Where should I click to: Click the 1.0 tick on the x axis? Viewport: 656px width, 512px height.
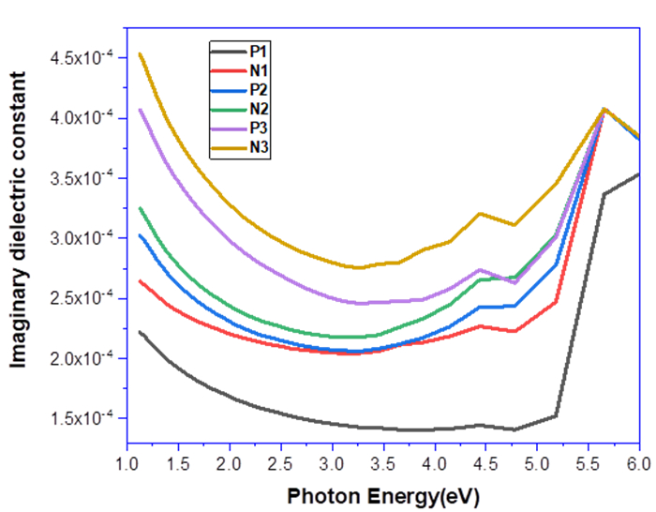click(x=127, y=466)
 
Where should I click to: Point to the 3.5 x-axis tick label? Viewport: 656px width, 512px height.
click(x=382, y=466)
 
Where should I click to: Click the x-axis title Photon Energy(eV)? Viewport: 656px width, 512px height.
click(x=383, y=495)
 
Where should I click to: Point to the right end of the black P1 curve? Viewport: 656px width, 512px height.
click(x=638, y=173)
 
